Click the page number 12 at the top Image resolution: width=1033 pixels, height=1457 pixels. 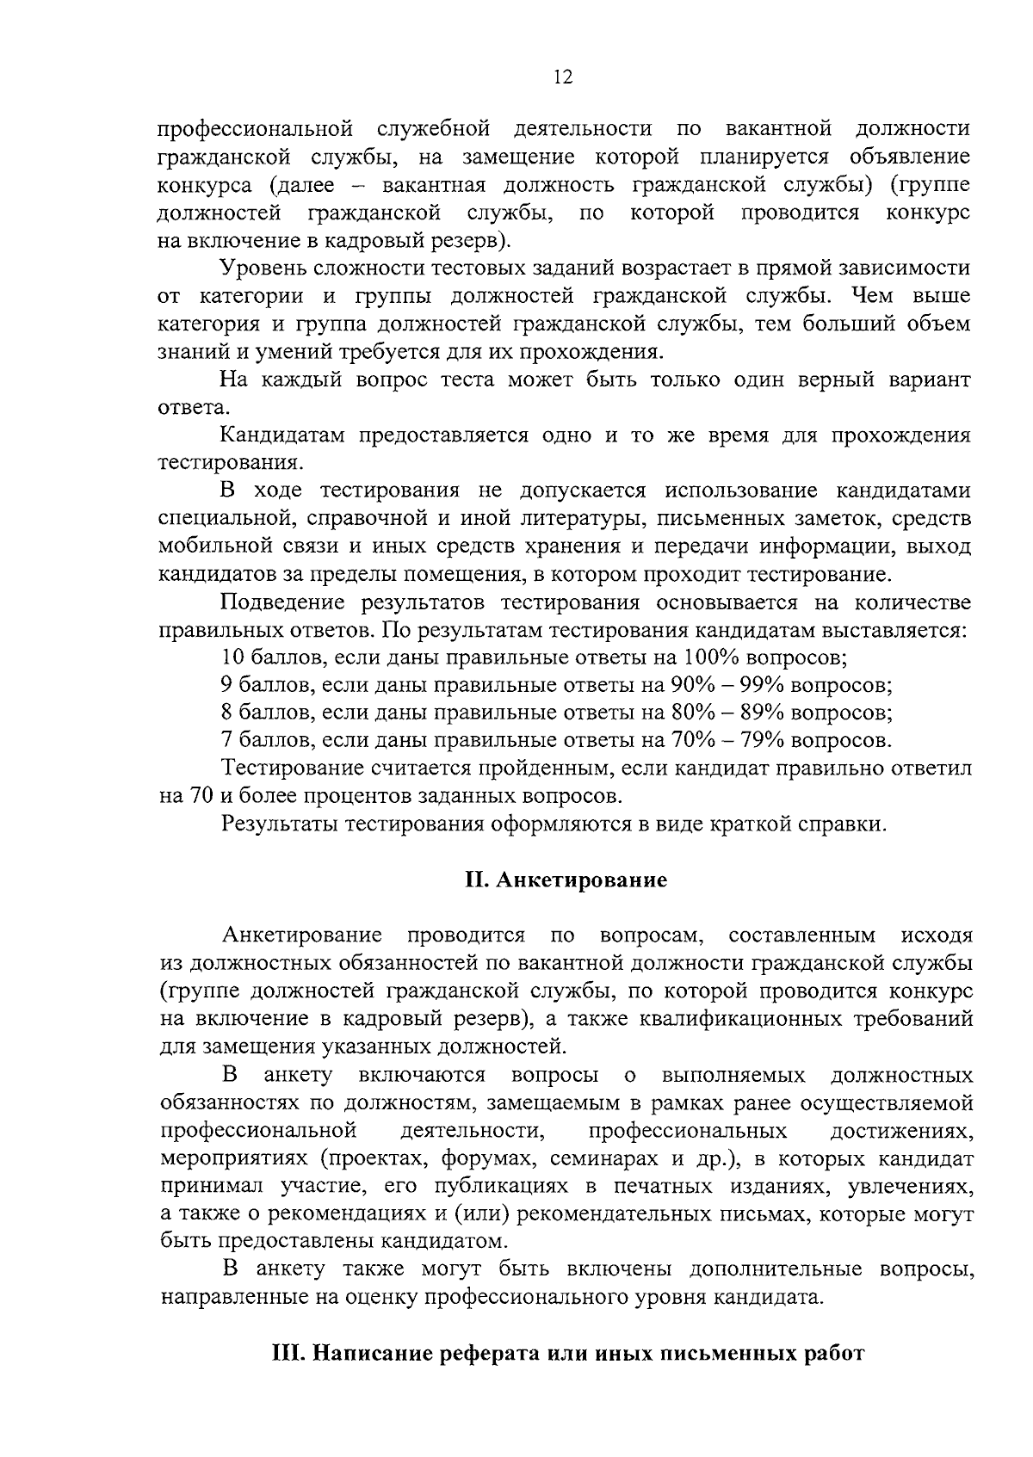[563, 77]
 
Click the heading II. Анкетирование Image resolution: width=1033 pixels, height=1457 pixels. [566, 880]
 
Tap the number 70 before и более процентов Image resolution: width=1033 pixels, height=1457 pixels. [201, 795]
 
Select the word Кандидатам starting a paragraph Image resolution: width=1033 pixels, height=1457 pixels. [283, 435]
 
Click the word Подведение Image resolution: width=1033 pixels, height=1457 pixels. [285, 602]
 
